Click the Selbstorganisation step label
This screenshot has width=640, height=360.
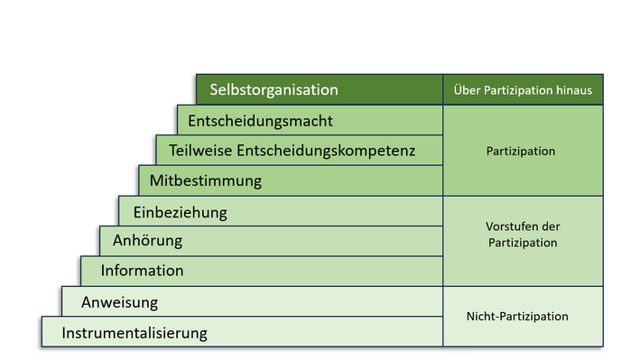(x=274, y=90)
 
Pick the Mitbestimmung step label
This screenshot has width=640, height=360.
(x=205, y=180)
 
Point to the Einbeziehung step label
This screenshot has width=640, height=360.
(x=180, y=213)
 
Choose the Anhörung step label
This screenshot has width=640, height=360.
(x=147, y=241)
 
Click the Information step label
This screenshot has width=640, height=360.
(x=142, y=271)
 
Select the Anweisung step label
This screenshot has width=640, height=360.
(x=119, y=302)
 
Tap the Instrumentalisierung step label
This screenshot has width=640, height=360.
(x=134, y=333)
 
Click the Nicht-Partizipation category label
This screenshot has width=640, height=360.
(x=517, y=317)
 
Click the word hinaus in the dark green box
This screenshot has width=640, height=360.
(x=577, y=90)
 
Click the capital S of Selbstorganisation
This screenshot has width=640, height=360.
(x=215, y=90)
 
